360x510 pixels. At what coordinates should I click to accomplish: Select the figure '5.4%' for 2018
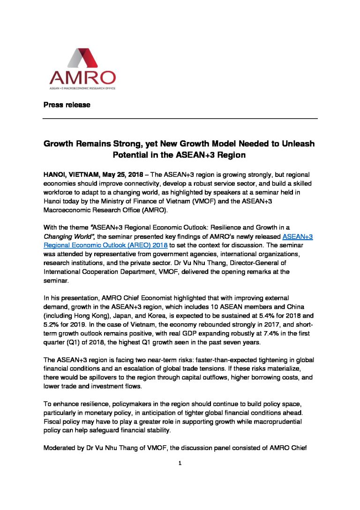click(x=267, y=315)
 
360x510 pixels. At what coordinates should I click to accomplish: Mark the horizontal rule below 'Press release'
click(x=180, y=119)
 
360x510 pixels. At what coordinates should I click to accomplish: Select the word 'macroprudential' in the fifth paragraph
click(x=279, y=422)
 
